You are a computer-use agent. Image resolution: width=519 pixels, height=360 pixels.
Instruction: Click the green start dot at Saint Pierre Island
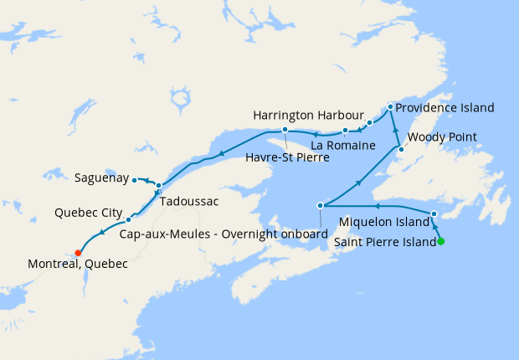[441, 242]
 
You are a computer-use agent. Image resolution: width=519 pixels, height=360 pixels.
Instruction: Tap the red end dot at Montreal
[78, 252]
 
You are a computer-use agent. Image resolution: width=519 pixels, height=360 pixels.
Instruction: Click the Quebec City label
[89, 212]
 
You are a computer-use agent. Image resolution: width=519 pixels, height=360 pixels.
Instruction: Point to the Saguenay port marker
[134, 180]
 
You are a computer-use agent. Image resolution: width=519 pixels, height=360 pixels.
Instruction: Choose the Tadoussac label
[189, 202]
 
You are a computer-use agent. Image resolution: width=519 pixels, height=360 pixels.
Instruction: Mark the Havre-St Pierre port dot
[285, 130]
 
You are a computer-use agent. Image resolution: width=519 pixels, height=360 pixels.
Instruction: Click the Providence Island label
[444, 108]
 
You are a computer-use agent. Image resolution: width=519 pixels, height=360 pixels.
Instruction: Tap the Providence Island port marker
[390, 107]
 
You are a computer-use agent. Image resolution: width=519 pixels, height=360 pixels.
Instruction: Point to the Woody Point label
[441, 136]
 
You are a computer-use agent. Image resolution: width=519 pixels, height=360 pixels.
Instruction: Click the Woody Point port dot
[400, 149]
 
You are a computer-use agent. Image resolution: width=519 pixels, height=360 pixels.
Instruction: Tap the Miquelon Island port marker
[434, 214]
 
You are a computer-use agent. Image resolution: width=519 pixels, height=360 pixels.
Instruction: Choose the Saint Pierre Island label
[384, 242]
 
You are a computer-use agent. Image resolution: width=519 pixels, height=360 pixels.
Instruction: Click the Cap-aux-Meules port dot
[320, 205]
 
